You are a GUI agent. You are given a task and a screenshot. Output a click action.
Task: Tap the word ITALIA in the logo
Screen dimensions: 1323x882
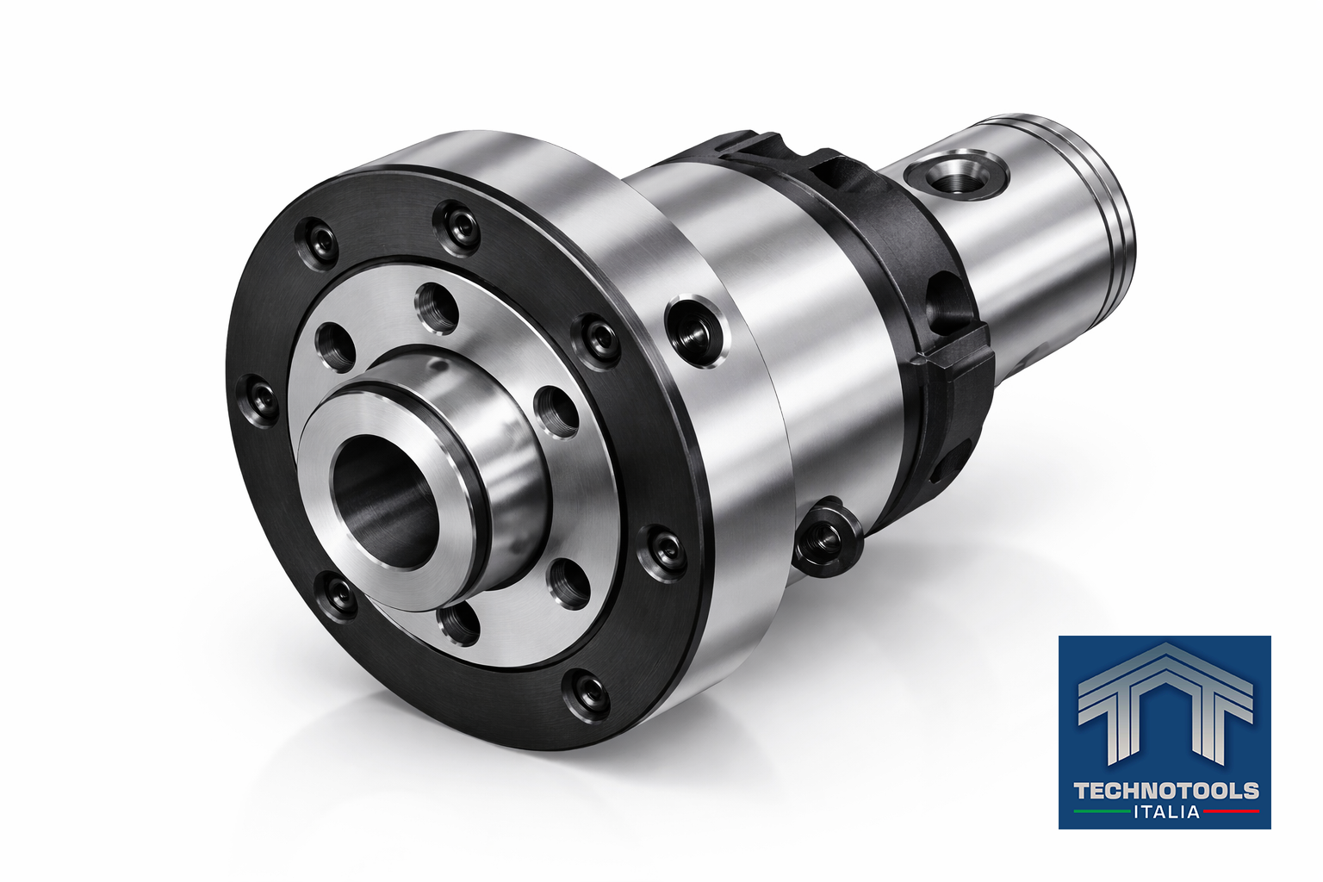pos(1166,811)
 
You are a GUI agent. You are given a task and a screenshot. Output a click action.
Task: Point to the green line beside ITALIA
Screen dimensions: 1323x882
pos(1102,812)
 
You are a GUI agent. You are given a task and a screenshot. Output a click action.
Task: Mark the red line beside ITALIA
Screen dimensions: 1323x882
pos(1231,811)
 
